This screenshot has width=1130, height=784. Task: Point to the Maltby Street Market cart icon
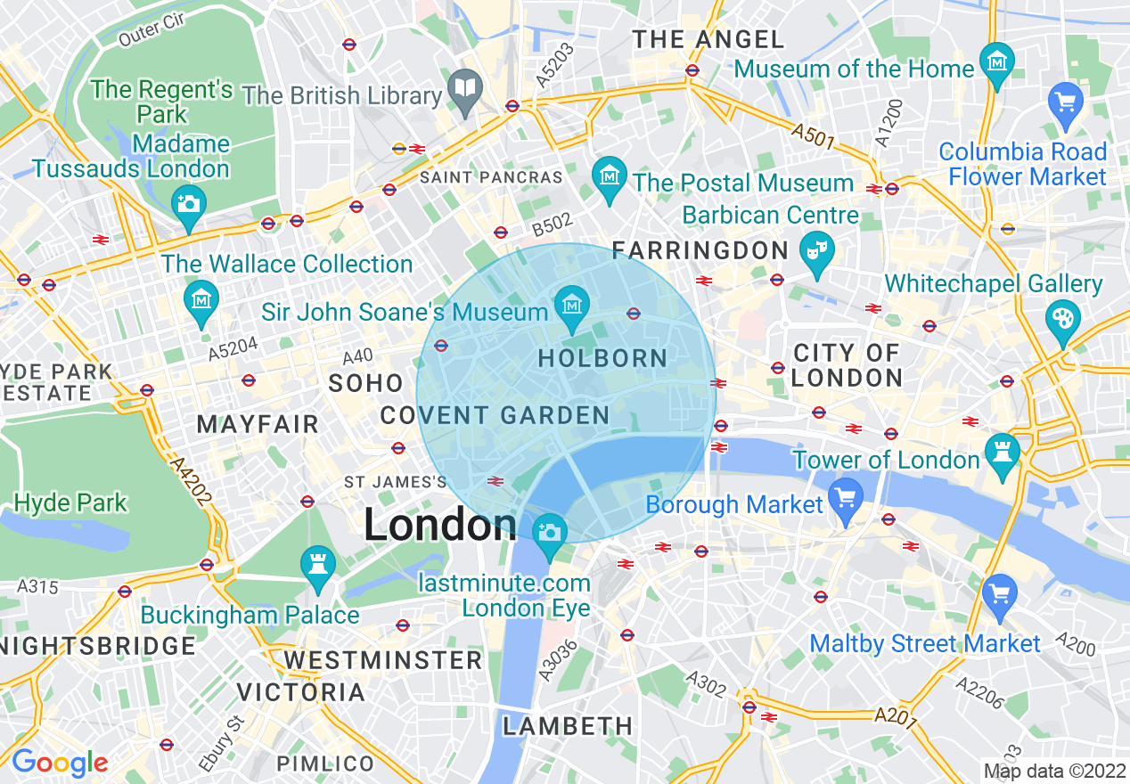pos(999,593)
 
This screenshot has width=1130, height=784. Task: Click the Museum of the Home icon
pos(996,61)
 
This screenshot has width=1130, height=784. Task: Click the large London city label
pos(440,525)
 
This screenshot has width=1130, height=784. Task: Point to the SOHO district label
pos(366,383)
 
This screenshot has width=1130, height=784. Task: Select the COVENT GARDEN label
pos(495,415)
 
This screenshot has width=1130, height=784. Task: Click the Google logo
pos(59,763)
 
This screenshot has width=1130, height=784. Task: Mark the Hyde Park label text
pos(70,502)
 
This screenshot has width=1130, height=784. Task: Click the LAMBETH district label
pos(568,726)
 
